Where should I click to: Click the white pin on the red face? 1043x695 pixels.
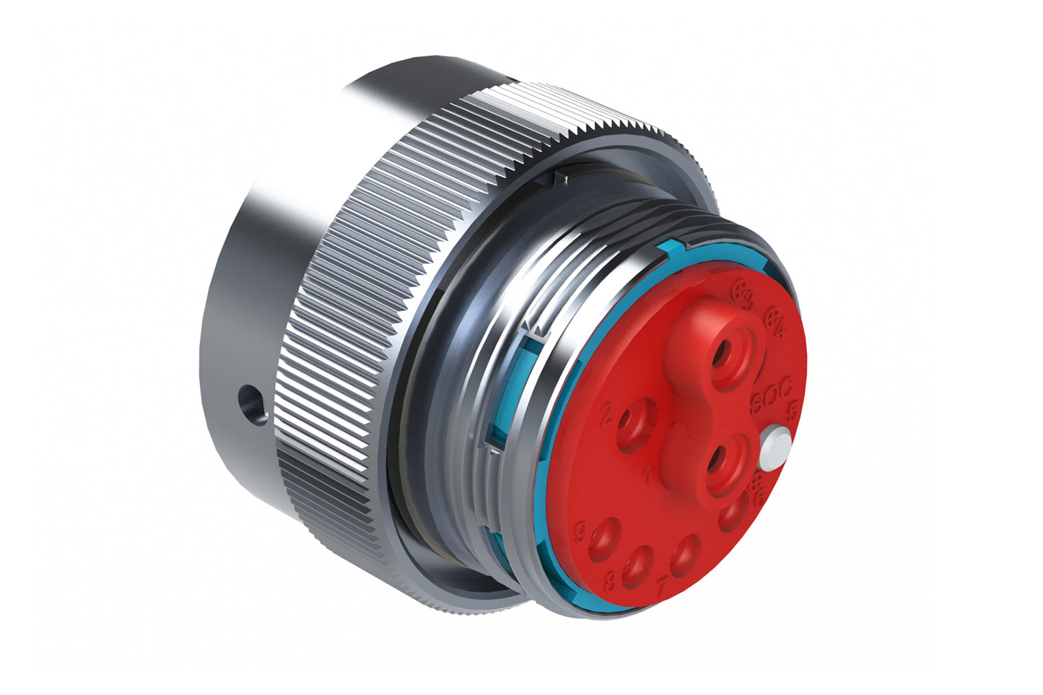(x=774, y=445)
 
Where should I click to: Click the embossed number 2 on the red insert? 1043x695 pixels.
(x=606, y=412)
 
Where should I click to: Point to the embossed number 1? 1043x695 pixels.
(x=647, y=474)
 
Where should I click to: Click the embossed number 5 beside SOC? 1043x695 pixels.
(x=792, y=411)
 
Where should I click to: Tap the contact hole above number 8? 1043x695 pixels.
(x=638, y=564)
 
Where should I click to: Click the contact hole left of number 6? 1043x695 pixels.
(x=734, y=514)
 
